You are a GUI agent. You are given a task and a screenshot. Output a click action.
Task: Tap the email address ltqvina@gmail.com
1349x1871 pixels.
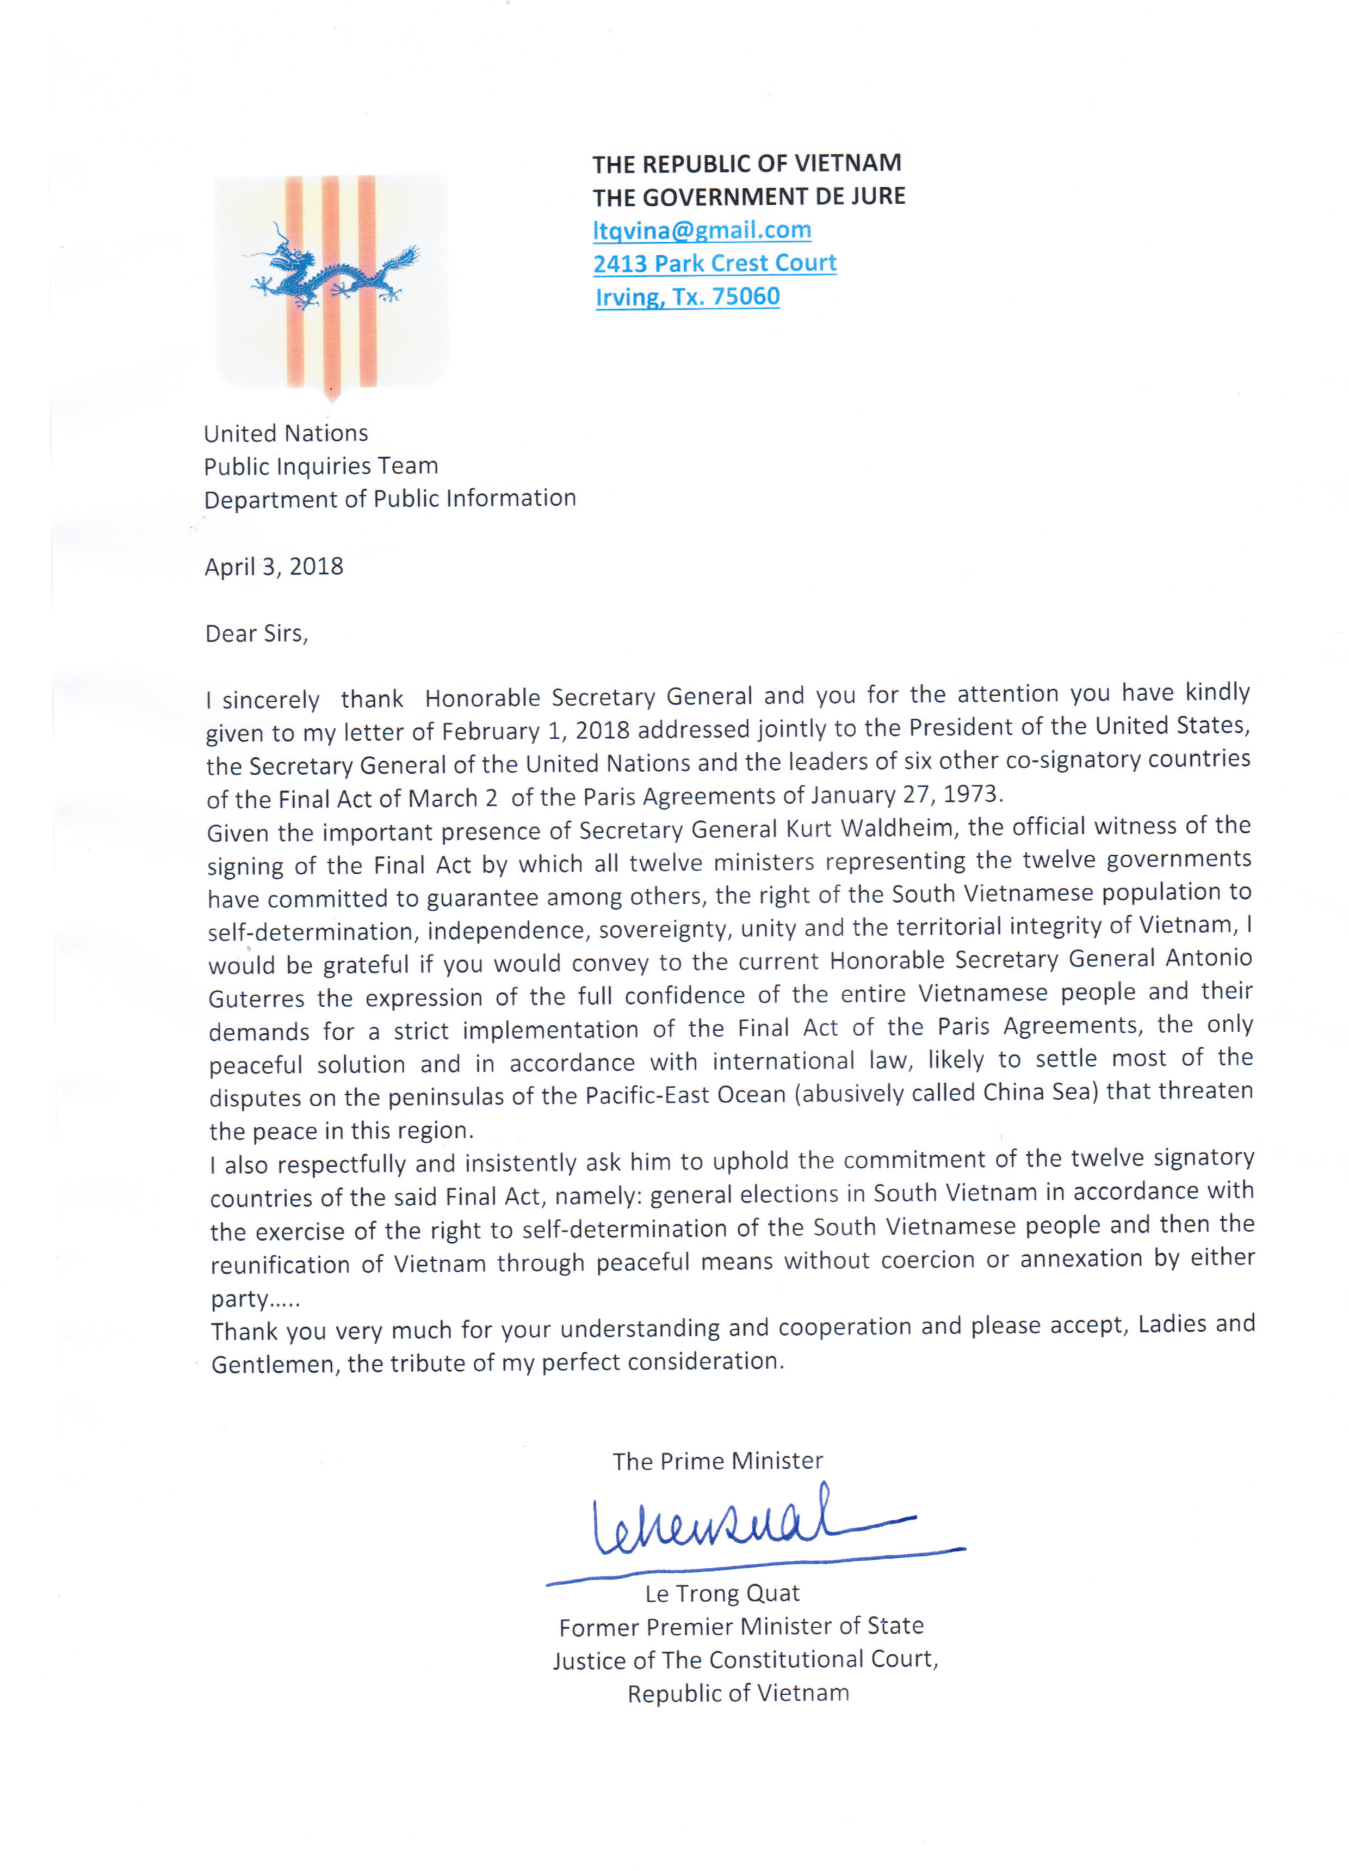[x=702, y=230]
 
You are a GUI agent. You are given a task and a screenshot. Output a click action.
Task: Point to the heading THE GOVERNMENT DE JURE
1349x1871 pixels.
[x=748, y=197]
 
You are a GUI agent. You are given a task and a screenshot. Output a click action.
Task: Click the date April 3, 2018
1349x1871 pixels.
[x=274, y=567]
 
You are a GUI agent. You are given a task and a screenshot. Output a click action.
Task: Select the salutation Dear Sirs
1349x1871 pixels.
[x=256, y=634]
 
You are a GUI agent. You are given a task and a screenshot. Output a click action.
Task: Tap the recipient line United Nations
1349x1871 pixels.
[x=285, y=433]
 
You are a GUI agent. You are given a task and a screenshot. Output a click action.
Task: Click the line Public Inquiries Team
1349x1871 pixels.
[x=321, y=466]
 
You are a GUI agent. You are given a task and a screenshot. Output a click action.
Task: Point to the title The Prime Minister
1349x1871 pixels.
[x=717, y=1461]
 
